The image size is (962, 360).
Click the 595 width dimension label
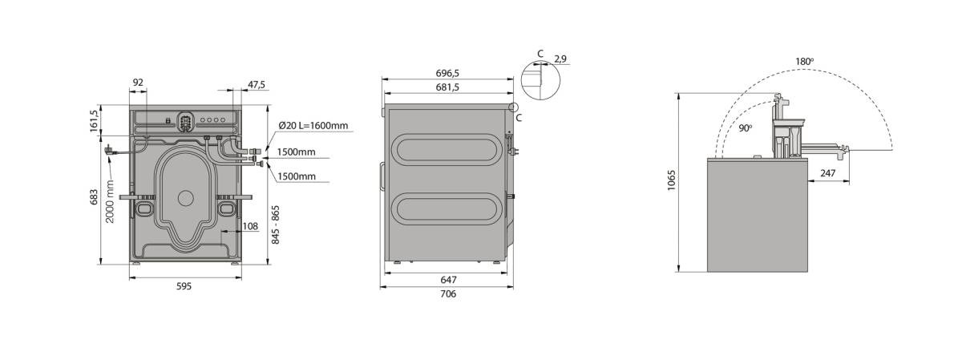coord(184,286)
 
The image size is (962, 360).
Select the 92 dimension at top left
coord(138,83)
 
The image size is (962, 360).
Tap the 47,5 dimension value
coord(257,85)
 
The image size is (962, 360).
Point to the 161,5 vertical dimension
coord(94,121)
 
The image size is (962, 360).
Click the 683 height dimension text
coord(94,197)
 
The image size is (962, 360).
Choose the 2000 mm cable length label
coord(110,201)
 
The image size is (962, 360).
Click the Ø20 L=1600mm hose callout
coord(313,126)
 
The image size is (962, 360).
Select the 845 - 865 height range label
coord(276,224)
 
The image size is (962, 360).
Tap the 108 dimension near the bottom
coord(250,226)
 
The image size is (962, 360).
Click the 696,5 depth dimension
coord(447,74)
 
